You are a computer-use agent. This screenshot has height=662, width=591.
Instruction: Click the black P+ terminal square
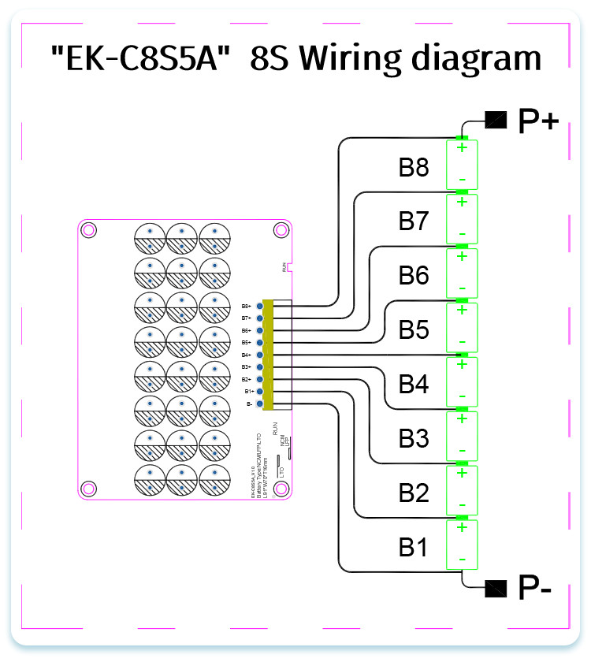496,120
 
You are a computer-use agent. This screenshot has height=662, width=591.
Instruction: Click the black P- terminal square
496,586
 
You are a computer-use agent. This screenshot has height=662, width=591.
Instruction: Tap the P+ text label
538,121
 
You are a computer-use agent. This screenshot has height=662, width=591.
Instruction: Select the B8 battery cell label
414,167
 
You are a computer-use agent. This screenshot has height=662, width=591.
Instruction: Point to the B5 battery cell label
414,330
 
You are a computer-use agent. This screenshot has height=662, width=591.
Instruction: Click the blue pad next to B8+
259,306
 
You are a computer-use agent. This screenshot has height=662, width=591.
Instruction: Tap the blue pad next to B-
259,404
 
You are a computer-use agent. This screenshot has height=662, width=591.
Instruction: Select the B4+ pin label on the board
246,355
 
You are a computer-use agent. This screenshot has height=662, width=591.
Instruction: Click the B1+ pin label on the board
246,392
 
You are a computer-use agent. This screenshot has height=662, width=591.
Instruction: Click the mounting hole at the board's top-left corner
89,230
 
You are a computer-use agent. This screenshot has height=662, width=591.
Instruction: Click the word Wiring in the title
366,59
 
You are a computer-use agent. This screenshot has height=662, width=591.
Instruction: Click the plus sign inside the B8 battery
462,147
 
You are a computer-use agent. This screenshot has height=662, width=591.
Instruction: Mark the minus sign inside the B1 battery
462,560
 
